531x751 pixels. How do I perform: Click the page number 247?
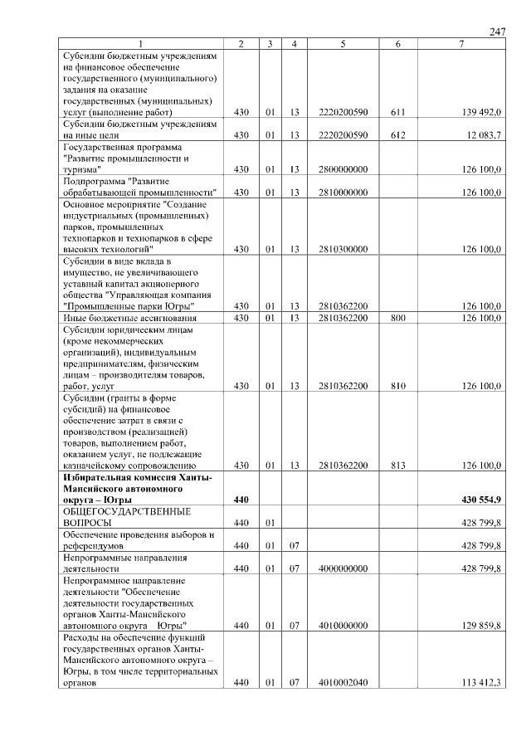click(x=497, y=32)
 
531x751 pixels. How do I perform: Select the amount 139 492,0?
click(x=480, y=112)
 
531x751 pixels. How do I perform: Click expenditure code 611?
click(x=398, y=112)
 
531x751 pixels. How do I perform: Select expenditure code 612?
click(x=398, y=134)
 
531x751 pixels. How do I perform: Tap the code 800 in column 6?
click(x=398, y=318)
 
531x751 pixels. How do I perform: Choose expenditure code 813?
click(x=398, y=466)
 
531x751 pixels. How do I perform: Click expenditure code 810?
click(x=398, y=386)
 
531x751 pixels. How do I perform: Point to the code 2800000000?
click(x=343, y=169)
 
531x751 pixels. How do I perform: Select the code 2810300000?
click(x=343, y=249)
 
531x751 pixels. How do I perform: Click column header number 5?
click(x=343, y=43)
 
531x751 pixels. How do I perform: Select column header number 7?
click(x=461, y=43)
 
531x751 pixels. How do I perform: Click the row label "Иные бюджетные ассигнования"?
click(x=129, y=318)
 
